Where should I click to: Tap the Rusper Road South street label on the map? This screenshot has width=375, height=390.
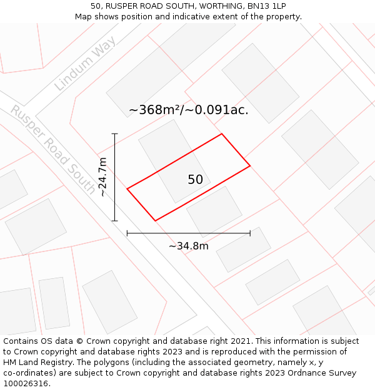coord(53,150)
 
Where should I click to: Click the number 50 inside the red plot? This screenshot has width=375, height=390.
coord(195,180)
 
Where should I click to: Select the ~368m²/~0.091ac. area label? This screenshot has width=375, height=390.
coord(189,110)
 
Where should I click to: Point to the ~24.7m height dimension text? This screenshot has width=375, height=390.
coord(103,177)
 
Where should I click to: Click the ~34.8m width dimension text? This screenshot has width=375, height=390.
coord(189,246)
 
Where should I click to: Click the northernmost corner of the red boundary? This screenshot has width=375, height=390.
coord(221,134)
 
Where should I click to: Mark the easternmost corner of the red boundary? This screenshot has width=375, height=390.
coord(250,165)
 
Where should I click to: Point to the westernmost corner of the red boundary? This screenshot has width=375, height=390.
coord(127,188)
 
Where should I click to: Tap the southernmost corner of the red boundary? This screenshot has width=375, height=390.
coord(155,220)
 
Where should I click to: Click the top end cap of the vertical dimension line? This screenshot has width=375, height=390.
coord(115,134)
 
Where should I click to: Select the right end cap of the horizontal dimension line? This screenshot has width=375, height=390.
coord(250,233)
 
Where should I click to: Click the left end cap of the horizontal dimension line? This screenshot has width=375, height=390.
coord(127,233)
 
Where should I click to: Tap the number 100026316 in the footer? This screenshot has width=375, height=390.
coord(25,384)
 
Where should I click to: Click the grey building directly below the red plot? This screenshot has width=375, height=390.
coord(214,210)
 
